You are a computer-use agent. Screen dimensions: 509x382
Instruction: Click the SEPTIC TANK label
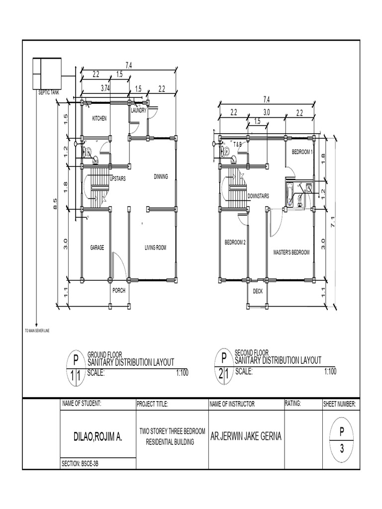click(49, 92)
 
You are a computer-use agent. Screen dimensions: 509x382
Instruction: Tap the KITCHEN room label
click(99, 119)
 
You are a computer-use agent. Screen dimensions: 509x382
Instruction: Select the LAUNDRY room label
click(139, 110)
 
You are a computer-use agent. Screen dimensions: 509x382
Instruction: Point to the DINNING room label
click(161, 176)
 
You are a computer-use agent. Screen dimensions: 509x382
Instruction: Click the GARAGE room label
click(96, 248)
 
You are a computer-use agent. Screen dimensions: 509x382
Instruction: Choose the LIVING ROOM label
click(155, 248)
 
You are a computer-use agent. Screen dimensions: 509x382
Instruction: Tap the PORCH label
click(119, 291)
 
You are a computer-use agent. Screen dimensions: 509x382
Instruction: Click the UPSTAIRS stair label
click(117, 179)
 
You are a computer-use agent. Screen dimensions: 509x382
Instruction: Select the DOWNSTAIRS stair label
click(258, 196)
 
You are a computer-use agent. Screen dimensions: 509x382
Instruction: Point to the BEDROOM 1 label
click(302, 152)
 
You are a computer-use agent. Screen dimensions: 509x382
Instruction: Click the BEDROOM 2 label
click(235, 242)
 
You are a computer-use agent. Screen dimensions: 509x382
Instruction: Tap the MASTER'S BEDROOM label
click(291, 253)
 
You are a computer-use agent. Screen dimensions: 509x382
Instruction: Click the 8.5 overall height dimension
click(56, 203)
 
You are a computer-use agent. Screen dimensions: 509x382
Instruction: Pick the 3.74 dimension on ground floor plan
click(105, 88)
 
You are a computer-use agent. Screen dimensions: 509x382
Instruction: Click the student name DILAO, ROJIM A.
click(97, 437)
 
